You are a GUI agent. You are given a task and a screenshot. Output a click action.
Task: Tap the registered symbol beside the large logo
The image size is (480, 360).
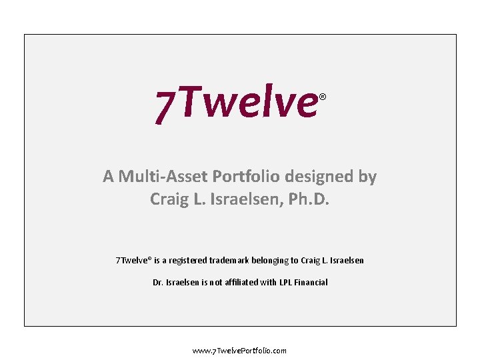click(x=322, y=97)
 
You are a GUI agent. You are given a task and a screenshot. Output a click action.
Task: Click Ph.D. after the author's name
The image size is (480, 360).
click(x=309, y=199)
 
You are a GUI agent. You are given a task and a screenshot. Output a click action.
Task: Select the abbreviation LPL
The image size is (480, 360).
click(x=288, y=282)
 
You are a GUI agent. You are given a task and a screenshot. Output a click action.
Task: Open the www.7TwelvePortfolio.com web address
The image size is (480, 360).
click(x=239, y=351)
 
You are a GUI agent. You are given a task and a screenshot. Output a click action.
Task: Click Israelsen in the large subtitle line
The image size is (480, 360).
click(x=247, y=199)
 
